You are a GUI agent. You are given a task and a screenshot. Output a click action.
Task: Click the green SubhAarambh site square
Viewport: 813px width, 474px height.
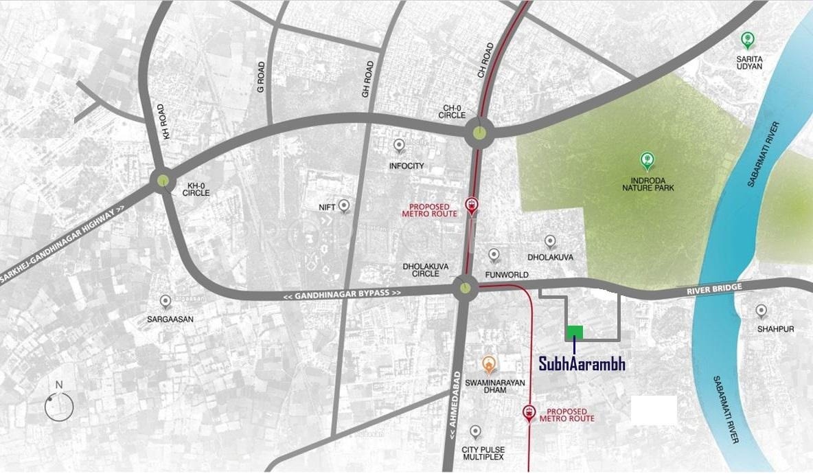(x=575, y=332)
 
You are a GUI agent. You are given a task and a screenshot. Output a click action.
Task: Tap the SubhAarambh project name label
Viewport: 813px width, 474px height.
(x=582, y=364)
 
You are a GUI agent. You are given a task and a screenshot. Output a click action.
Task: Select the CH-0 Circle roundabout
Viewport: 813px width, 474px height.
(x=480, y=133)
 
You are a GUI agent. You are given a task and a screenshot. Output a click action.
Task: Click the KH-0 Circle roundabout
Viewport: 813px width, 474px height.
(x=163, y=181)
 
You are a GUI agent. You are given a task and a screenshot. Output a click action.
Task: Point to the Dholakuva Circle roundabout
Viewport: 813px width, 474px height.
(x=466, y=287)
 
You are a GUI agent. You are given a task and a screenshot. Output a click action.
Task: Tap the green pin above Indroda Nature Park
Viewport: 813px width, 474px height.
(x=646, y=161)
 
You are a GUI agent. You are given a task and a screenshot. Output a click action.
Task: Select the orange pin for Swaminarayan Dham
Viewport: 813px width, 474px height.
(x=488, y=363)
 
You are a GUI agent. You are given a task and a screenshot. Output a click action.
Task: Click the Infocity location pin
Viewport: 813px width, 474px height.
(x=399, y=146)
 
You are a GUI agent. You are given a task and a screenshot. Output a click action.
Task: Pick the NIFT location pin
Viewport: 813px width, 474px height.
(x=344, y=205)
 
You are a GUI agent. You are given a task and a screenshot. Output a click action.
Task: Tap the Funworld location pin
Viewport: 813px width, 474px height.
(x=494, y=256)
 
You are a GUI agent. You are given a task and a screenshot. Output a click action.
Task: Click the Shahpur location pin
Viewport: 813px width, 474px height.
(x=761, y=311)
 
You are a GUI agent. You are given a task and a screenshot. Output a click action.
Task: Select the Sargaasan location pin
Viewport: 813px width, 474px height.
(x=165, y=302)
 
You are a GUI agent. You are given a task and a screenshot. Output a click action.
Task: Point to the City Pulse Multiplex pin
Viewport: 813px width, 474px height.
(x=474, y=432)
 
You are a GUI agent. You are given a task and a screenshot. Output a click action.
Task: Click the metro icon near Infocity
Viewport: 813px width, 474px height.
(x=472, y=205)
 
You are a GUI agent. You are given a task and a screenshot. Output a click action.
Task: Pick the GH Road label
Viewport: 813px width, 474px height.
(x=369, y=78)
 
